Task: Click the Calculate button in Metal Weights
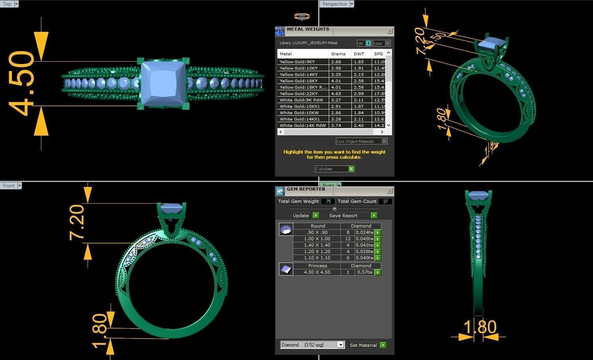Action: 334,169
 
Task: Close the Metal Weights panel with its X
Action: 390,31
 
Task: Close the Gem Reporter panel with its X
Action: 390,191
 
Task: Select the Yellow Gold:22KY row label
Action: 298,93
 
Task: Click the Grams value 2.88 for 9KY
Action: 336,62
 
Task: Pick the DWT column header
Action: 359,54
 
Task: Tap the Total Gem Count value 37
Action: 385,201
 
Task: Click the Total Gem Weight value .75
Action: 328,201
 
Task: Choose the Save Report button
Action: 352,216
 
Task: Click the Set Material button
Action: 367,345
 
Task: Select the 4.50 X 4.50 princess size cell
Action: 317,272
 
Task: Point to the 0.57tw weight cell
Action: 365,272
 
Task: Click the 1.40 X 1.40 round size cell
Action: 317,245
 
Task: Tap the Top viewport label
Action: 7,4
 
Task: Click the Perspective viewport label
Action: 334,4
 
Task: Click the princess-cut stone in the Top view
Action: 163,84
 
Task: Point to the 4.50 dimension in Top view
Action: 22,84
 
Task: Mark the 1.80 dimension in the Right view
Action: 480,327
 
